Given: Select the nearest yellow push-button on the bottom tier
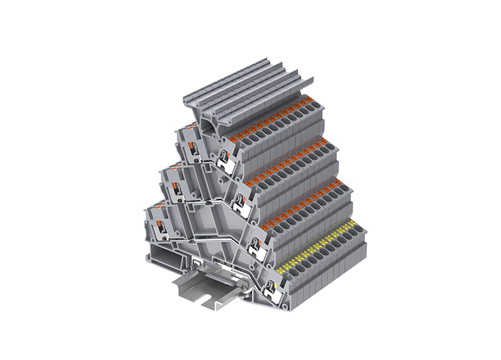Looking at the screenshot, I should point(282,270).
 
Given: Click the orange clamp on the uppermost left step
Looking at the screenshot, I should point(186,138).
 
